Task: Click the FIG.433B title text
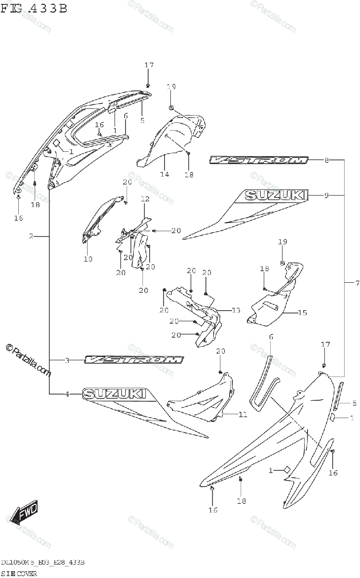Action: click(x=34, y=8)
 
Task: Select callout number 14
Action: click(x=165, y=174)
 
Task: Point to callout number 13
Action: click(x=235, y=311)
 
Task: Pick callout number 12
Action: click(x=145, y=199)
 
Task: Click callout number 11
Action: click(x=243, y=414)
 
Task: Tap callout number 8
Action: click(x=326, y=160)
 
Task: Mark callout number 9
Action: click(x=326, y=195)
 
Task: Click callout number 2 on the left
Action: click(x=31, y=236)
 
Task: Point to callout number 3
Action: click(x=67, y=360)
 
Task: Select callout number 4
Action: click(x=67, y=394)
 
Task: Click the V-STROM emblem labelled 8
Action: click(x=258, y=160)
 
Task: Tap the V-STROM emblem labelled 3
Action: click(x=134, y=360)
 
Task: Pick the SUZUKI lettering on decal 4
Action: click(x=115, y=394)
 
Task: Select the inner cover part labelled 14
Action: click(x=173, y=140)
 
